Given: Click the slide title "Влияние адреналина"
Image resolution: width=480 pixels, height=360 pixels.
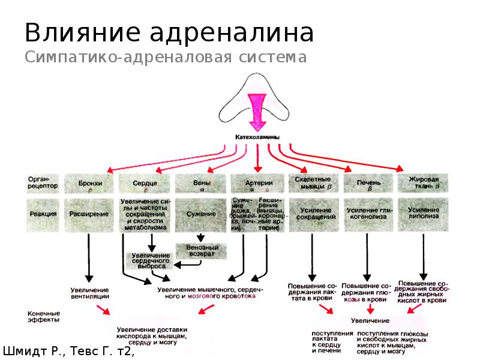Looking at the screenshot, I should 169,33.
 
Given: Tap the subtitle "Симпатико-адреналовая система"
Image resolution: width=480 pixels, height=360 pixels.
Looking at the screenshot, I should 166,58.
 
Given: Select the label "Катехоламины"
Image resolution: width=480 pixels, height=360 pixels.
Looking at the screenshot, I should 256,137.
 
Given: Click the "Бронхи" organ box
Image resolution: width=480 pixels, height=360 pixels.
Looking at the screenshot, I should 91,183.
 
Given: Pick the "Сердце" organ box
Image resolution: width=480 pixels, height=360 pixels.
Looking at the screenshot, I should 146,183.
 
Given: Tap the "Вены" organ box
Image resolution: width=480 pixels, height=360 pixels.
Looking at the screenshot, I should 201,183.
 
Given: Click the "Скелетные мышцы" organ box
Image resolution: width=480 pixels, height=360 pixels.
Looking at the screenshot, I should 314,183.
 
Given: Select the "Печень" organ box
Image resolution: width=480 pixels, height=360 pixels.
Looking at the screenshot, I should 369,183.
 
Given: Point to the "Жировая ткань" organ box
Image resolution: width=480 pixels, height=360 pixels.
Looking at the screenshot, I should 424,183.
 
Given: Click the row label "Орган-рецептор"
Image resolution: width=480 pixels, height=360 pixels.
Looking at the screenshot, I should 43,182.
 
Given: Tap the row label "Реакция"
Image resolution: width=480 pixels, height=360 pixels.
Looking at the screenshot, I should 43,214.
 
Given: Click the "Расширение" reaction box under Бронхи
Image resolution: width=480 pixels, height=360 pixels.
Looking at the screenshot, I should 90,214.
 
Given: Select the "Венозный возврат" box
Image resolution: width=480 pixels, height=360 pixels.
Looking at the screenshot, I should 201,250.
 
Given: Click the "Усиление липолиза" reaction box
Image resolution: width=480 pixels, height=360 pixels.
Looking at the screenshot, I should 424,214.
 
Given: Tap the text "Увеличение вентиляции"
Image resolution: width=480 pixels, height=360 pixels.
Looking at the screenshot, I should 90,293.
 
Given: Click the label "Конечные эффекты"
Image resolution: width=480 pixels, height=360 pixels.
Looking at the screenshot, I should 44,316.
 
